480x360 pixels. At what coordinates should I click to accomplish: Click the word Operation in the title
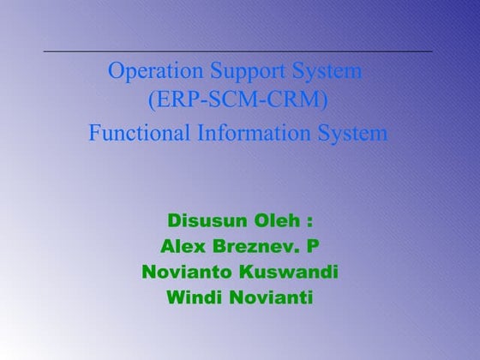pos(151,71)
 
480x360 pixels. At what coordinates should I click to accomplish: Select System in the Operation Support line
pos(327,72)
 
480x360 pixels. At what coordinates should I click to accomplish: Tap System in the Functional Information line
pos(355,134)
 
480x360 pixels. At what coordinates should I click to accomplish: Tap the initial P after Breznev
pos(314,247)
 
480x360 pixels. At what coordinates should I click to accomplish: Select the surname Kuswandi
pos(290,273)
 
